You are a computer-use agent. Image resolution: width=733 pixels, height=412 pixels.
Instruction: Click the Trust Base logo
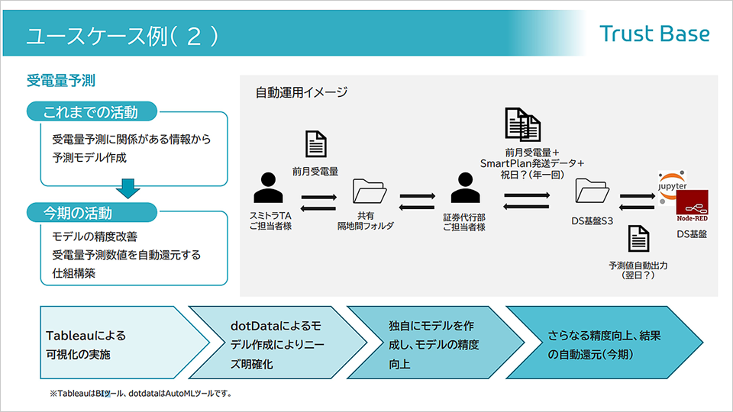click(x=654, y=34)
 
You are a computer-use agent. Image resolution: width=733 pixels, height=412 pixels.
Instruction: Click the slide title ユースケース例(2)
click(x=122, y=36)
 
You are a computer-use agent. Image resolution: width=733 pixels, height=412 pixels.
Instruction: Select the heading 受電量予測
click(x=60, y=80)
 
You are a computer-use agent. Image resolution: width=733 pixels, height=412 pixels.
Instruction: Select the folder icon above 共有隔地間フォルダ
click(x=370, y=193)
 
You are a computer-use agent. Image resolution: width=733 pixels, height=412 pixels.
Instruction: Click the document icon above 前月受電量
click(x=315, y=144)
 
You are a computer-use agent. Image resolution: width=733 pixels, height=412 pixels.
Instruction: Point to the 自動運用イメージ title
click(x=302, y=93)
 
